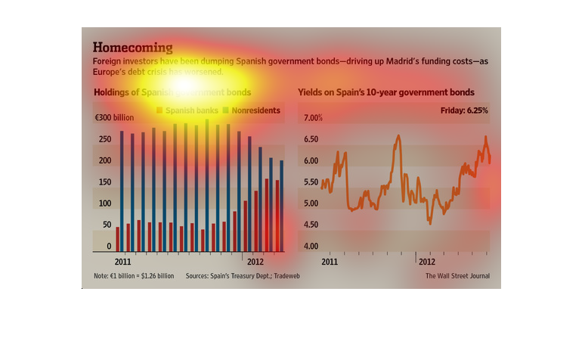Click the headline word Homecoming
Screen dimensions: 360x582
click(x=132, y=48)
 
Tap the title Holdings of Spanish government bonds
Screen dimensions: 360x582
click(x=172, y=92)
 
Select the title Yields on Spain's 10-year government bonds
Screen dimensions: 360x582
click(x=386, y=92)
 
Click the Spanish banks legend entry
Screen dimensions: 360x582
click(x=188, y=110)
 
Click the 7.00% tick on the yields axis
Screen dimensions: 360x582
click(x=314, y=118)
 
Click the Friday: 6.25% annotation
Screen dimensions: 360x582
click(x=464, y=110)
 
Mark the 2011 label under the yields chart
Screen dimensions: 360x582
click(x=329, y=261)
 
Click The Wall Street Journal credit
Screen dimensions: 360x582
click(x=457, y=276)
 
